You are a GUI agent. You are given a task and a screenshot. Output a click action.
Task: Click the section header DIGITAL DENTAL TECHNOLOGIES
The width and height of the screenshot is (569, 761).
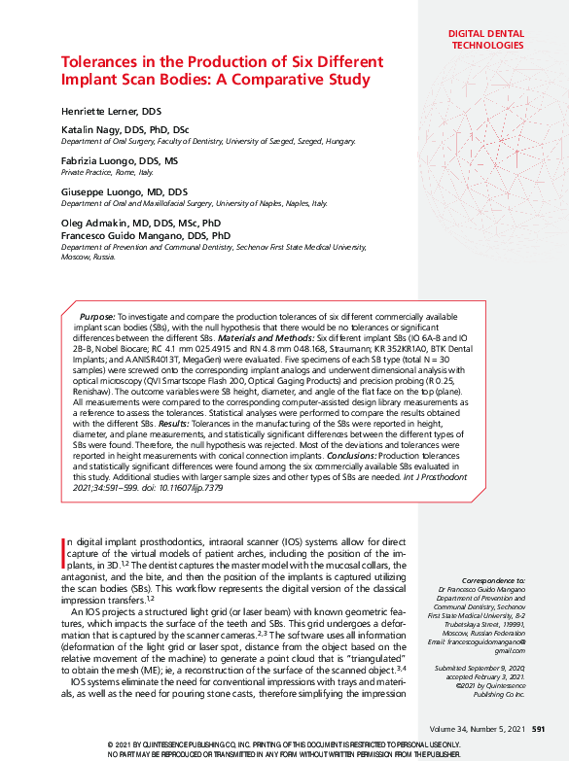point(485,39)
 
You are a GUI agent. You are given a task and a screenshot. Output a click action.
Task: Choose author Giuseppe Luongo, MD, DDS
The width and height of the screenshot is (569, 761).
point(124,191)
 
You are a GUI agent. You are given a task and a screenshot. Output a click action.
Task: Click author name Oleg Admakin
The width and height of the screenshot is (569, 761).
point(95,223)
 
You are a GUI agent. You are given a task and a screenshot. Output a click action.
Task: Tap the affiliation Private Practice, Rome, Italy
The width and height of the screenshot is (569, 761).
point(107,171)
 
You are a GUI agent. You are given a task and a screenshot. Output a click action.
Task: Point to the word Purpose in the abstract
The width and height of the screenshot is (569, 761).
point(96,317)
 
